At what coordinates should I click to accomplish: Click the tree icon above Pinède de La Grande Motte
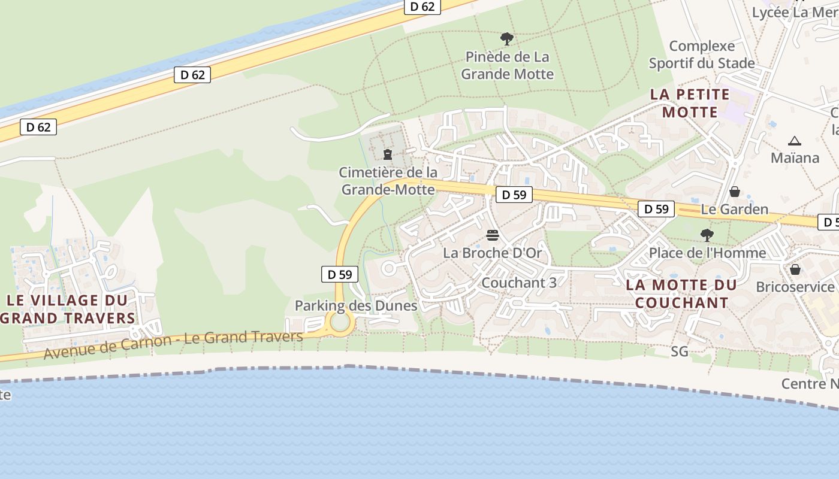pyautogui.click(x=507, y=40)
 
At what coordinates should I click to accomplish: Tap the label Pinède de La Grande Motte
pyautogui.click(x=507, y=66)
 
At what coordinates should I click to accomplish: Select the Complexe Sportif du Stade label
pyautogui.click(x=702, y=54)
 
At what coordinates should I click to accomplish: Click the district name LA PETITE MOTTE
pyautogui.click(x=690, y=103)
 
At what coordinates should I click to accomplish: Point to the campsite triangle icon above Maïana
pyautogui.click(x=795, y=141)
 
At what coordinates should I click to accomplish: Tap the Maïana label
pyautogui.click(x=795, y=158)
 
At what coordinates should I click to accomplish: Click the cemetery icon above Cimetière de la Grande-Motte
pyautogui.click(x=388, y=154)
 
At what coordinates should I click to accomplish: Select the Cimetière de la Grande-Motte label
pyautogui.click(x=388, y=181)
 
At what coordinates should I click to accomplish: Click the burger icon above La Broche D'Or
pyautogui.click(x=493, y=235)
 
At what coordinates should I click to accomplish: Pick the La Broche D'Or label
pyautogui.click(x=493, y=253)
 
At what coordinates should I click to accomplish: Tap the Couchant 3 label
pyautogui.click(x=519, y=283)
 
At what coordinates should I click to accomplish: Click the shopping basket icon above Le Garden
pyautogui.click(x=735, y=192)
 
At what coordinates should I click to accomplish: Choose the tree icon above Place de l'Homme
pyautogui.click(x=707, y=235)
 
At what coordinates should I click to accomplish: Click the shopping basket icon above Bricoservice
pyautogui.click(x=795, y=269)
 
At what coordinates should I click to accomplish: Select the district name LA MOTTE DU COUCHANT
pyautogui.click(x=677, y=293)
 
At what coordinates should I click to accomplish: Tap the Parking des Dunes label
pyautogui.click(x=356, y=306)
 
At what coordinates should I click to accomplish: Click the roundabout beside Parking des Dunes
pyautogui.click(x=340, y=323)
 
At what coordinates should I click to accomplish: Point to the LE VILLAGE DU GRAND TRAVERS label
pyautogui.click(x=68, y=309)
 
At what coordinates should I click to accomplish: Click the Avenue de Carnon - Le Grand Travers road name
pyautogui.click(x=174, y=344)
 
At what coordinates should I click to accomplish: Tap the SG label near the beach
pyautogui.click(x=680, y=351)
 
